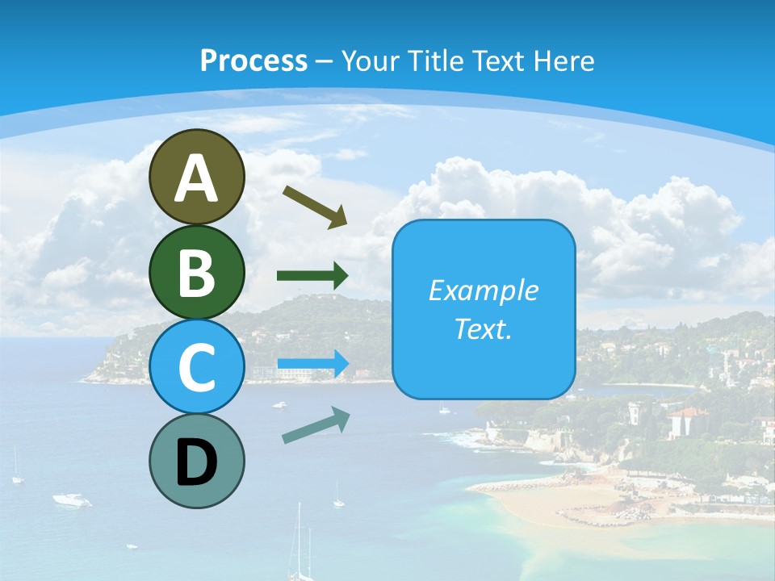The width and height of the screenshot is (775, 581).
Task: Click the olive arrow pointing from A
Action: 314,206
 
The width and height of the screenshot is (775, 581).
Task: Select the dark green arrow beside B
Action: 312,276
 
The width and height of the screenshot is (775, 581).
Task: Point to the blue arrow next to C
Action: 312,363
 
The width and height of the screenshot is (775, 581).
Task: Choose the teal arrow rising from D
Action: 316,425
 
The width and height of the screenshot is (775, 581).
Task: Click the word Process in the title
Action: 253,61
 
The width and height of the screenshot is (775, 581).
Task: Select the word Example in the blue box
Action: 483,290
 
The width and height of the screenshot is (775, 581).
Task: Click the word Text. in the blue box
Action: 483,329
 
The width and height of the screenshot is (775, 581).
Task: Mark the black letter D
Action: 196,462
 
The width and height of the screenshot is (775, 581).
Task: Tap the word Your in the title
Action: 372,61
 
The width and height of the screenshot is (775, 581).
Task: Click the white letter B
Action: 196,273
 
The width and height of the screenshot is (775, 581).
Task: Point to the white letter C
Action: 196,366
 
